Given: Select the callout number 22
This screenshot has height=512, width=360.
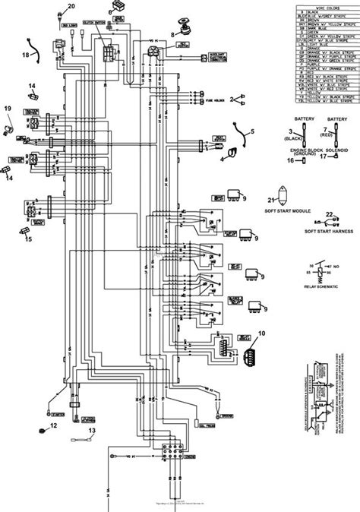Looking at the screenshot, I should pyautogui.click(x=329, y=215).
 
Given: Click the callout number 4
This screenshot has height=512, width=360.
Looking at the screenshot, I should pyautogui.click(x=223, y=160).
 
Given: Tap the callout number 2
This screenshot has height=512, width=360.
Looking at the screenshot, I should pyautogui.click(x=242, y=98).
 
